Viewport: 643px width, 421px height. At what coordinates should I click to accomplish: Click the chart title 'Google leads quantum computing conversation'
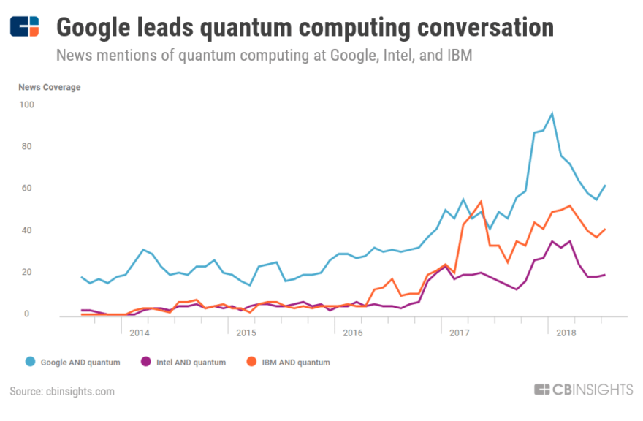click(305, 27)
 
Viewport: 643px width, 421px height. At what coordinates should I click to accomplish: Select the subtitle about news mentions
click(264, 56)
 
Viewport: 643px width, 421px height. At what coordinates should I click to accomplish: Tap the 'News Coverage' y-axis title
click(50, 87)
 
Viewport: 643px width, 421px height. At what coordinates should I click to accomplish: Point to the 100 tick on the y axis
click(26, 105)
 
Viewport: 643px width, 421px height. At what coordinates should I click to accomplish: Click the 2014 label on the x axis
click(140, 333)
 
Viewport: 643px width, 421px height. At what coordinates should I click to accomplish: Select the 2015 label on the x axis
click(246, 333)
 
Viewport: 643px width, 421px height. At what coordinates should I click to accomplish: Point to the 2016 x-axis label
click(352, 333)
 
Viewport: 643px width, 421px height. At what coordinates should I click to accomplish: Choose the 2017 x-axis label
click(459, 333)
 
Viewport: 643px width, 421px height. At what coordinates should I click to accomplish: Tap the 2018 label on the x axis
click(565, 333)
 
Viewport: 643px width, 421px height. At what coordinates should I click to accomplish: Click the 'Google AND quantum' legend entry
click(73, 362)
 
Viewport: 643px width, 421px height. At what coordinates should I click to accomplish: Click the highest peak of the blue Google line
click(552, 114)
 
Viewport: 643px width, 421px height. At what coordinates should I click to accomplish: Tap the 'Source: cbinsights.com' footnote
click(62, 392)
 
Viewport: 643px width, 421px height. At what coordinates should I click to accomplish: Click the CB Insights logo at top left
click(25, 26)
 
